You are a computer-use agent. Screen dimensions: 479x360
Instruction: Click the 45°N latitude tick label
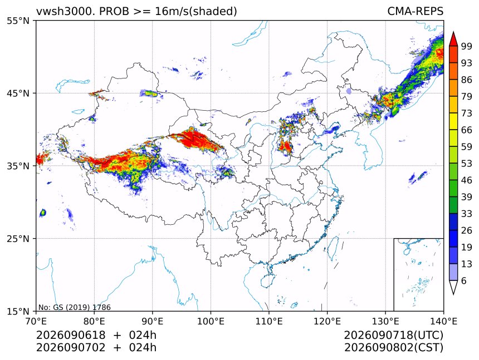click(17, 93)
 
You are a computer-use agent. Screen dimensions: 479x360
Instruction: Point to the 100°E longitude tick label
click(211, 321)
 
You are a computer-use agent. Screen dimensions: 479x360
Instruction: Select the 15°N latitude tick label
click(17, 312)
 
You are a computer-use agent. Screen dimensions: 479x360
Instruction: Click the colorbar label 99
click(467, 46)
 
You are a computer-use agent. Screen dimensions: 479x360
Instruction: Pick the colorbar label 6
click(464, 280)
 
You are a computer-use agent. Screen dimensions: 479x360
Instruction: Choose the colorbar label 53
click(467, 164)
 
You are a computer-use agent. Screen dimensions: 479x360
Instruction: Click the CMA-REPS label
click(415, 11)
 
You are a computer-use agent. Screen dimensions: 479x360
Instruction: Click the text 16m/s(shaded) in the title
click(196, 12)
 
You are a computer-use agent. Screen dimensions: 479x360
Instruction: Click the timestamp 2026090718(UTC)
click(393, 335)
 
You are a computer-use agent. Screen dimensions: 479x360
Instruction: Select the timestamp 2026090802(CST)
click(393, 348)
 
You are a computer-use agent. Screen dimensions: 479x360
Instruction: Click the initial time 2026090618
click(71, 335)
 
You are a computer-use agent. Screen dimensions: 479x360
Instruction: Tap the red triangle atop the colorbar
click(453, 38)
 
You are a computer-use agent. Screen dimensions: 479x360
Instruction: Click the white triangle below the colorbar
click(453, 287)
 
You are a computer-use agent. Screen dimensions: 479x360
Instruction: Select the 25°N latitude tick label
click(17, 239)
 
